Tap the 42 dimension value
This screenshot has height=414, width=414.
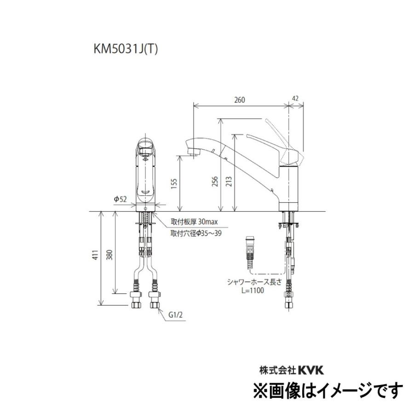[295, 98]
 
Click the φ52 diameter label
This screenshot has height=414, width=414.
[121, 199]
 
